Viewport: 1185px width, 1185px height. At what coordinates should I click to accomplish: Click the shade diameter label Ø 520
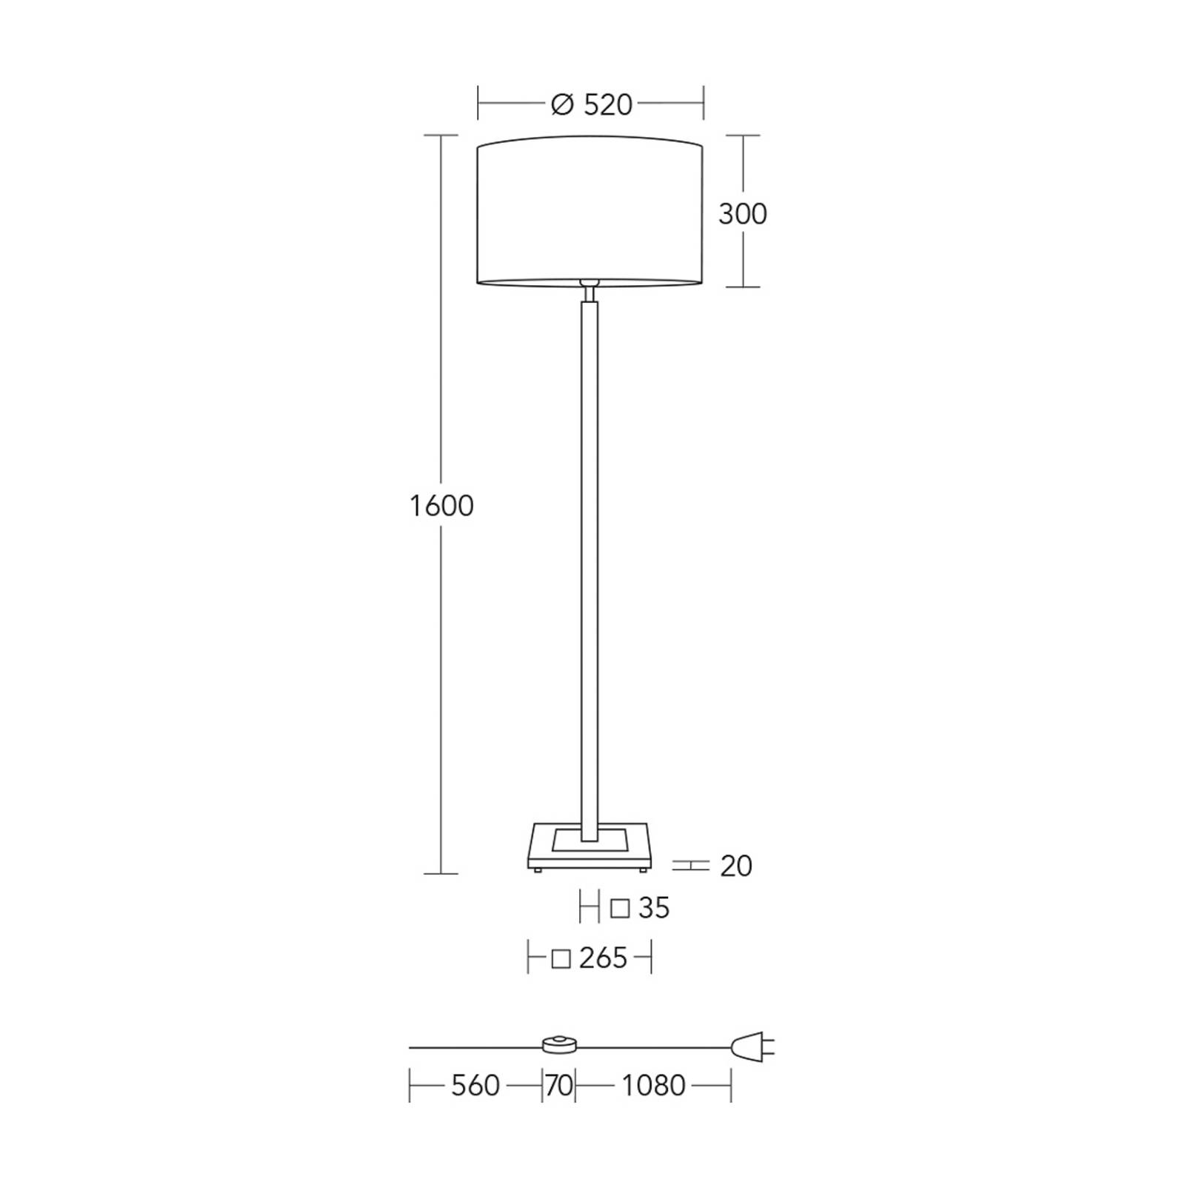(x=592, y=105)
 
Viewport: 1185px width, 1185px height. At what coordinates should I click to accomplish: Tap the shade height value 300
(x=743, y=214)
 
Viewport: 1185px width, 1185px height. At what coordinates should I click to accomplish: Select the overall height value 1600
(x=441, y=506)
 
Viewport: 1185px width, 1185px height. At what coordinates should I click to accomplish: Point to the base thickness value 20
(x=736, y=866)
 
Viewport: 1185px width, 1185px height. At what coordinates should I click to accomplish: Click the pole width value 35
(x=654, y=908)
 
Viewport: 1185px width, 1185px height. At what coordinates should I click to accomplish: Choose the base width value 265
(x=604, y=958)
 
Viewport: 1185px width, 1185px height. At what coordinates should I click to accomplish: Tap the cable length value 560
(x=475, y=1086)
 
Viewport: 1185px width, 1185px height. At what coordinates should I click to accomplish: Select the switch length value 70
(x=559, y=1086)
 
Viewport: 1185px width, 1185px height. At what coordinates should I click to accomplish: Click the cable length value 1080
(x=653, y=1086)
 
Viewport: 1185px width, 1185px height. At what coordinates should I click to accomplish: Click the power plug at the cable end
(x=752, y=1047)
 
